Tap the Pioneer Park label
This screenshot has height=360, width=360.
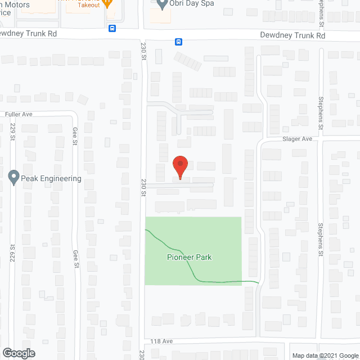[188, 257]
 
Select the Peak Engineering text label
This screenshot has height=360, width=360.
[52, 179]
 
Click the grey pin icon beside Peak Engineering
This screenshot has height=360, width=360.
[13, 177]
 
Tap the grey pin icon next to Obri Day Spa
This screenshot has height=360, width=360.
[163, 4]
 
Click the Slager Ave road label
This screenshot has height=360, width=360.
[297, 138]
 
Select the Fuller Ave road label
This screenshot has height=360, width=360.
[19, 114]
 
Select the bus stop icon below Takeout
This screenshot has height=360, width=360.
[112, 28]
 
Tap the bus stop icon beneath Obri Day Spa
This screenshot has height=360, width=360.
[178, 41]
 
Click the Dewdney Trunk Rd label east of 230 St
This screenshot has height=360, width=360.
[292, 35]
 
